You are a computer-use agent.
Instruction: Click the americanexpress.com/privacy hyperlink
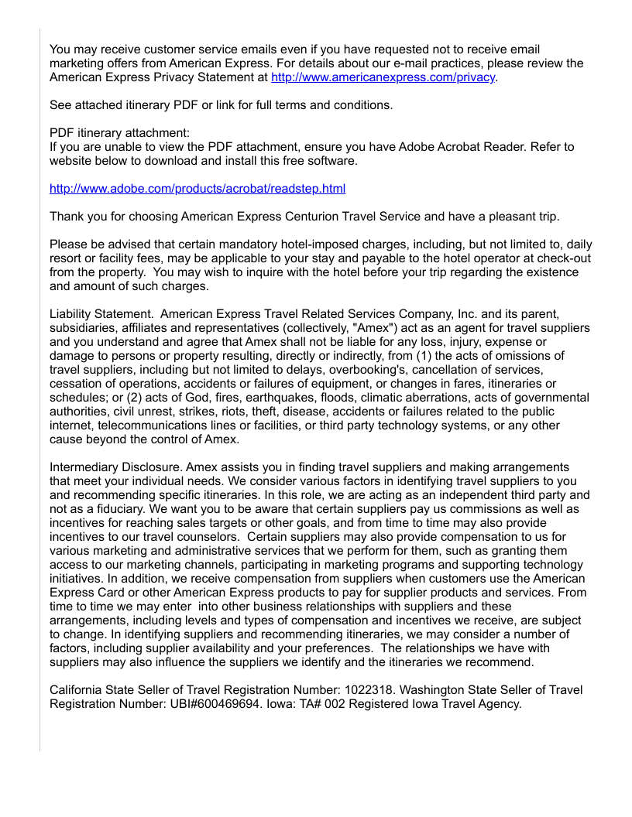click(383, 77)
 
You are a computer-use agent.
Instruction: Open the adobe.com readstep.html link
click(197, 189)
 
